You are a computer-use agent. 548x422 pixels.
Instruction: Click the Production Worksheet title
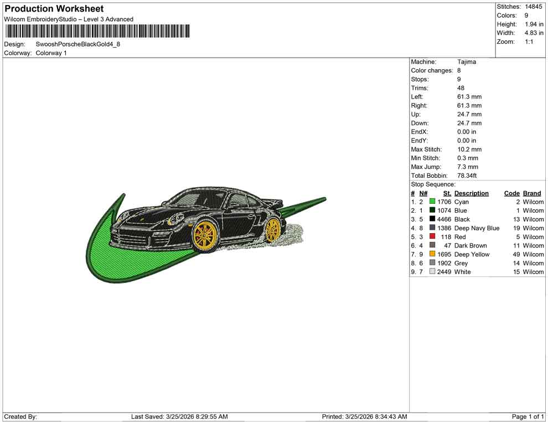pyautogui.click(x=54, y=9)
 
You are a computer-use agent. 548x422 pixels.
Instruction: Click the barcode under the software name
pyautogui.click(x=97, y=31)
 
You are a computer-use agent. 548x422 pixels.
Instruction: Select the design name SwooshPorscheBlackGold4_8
pyautogui.click(x=77, y=44)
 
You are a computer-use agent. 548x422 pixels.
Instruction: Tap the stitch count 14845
pyautogui.click(x=534, y=7)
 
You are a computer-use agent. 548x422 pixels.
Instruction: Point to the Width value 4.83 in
pyautogui.click(x=534, y=33)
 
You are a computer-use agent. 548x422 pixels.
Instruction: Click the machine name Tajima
pyautogui.click(x=467, y=62)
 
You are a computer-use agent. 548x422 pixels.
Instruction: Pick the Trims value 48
pyautogui.click(x=461, y=88)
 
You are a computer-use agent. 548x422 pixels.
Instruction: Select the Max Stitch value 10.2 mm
pyautogui.click(x=469, y=150)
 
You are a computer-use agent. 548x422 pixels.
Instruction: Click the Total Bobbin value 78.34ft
pyautogui.click(x=467, y=176)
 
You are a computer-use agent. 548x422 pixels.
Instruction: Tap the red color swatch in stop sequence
pyautogui.click(x=432, y=237)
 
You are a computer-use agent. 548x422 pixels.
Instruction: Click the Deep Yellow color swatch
pyautogui.click(x=432, y=254)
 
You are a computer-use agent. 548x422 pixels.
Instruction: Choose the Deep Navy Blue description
pyautogui.click(x=477, y=228)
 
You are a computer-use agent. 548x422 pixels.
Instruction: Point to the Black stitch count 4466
pyautogui.click(x=444, y=219)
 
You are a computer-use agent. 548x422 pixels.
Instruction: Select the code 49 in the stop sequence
pyautogui.click(x=516, y=254)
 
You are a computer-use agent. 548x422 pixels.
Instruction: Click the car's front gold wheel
pyautogui.click(x=204, y=234)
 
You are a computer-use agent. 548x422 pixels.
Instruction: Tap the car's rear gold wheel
pyautogui.click(x=272, y=230)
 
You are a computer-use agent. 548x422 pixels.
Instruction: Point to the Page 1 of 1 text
pyautogui.click(x=528, y=416)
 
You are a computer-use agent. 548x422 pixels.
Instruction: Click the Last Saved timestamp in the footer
pyautogui.click(x=179, y=416)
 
